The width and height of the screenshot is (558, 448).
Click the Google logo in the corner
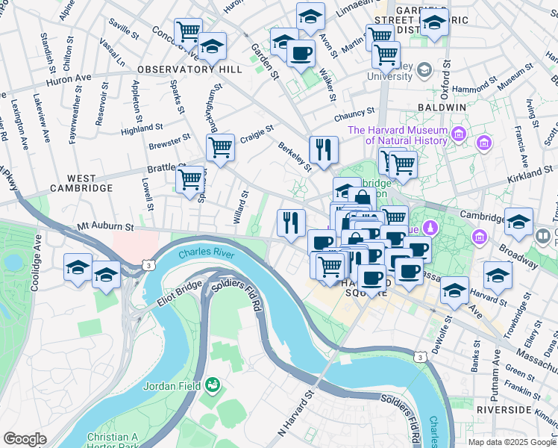click(25, 439)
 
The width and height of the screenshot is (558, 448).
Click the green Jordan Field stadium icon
click(213, 385)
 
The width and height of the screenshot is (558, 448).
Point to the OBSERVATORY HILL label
click(189, 69)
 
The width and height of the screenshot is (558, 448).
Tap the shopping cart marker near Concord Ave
click(188, 31)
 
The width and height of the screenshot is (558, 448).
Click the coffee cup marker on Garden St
click(301, 53)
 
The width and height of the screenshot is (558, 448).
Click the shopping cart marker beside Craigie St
click(220, 147)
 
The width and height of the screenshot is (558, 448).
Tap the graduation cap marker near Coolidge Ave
click(78, 267)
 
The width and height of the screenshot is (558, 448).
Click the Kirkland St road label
click(527, 173)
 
